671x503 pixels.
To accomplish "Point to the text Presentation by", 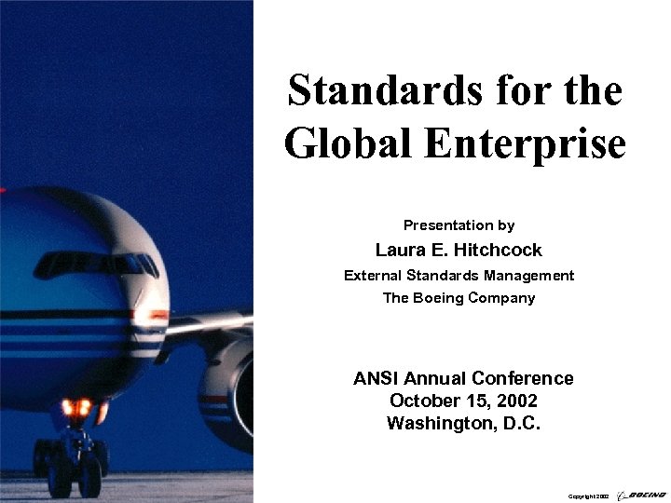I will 459,225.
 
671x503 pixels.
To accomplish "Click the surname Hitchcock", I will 500,250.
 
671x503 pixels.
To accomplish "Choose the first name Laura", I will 397,250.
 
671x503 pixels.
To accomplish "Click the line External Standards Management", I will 459,275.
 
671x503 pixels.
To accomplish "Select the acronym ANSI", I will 375,378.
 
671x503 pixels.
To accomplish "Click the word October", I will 424,401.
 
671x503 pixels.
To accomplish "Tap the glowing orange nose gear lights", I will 77,408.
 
